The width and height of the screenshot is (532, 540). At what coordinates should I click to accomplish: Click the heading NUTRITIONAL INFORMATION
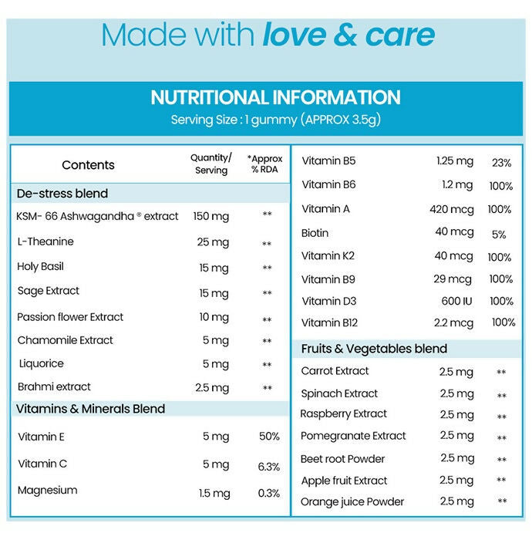click(x=275, y=98)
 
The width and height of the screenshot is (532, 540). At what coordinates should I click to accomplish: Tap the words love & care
click(x=348, y=35)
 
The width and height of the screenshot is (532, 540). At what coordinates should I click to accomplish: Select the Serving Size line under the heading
click(x=275, y=120)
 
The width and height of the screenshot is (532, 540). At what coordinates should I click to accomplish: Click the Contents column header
click(x=88, y=165)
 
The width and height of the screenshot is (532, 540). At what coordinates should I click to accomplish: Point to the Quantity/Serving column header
click(x=210, y=164)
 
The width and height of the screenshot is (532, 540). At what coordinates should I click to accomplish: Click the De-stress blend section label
click(x=62, y=194)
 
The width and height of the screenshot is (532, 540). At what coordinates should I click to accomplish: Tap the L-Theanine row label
click(x=45, y=241)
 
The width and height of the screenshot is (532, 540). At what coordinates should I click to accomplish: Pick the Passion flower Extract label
click(x=70, y=317)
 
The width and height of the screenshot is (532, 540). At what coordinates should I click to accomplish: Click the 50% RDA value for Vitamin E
click(x=269, y=437)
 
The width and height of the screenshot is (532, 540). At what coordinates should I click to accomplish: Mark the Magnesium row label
click(x=47, y=490)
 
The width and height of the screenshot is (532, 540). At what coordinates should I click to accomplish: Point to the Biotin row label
click(x=315, y=233)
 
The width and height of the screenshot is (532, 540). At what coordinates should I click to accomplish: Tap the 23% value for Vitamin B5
click(x=501, y=163)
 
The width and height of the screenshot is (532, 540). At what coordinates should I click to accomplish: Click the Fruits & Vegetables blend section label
click(x=374, y=349)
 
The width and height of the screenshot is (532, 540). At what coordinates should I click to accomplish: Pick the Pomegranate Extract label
click(x=353, y=436)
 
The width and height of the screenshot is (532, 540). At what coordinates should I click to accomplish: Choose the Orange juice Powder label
click(x=352, y=501)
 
